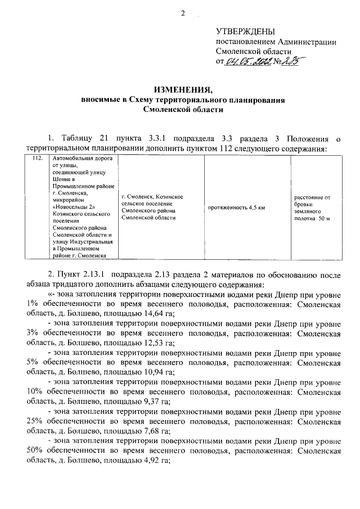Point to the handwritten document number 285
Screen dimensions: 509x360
click(x=290, y=62)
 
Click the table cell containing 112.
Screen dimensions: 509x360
click(x=38, y=159)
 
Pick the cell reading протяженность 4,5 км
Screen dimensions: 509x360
click(x=236, y=208)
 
